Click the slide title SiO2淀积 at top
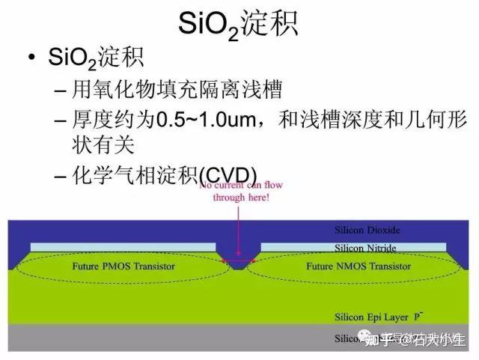point(239,25)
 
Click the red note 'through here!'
point(241,198)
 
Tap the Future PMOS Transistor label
point(123,266)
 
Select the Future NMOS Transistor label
point(359,266)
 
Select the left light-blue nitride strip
point(123,246)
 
